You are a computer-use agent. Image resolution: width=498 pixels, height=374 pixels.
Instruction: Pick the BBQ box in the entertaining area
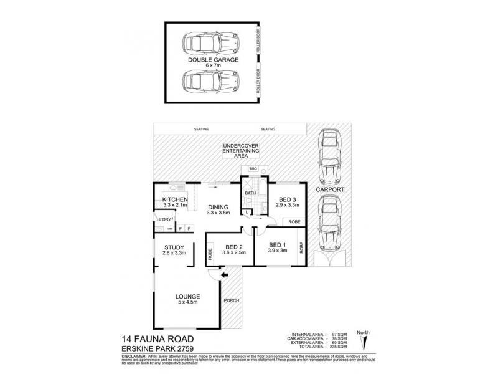(x=253, y=169)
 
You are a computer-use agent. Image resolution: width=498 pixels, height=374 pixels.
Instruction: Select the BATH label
(x=250, y=193)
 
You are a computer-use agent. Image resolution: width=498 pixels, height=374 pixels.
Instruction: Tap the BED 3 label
(x=288, y=199)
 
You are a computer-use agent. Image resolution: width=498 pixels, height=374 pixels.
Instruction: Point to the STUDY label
(x=174, y=247)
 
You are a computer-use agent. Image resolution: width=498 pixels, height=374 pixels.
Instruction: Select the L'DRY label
(x=165, y=221)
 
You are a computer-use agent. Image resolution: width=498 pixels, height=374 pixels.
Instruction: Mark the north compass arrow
(x=365, y=342)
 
